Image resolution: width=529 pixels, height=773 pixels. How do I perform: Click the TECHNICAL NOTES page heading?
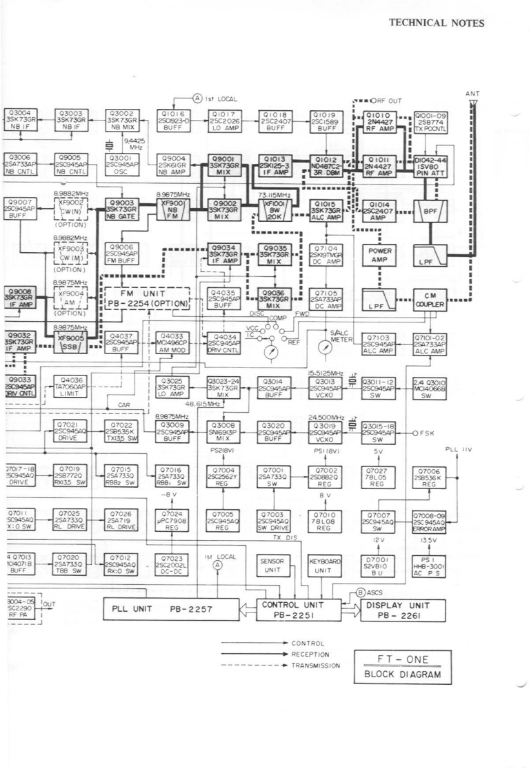437,23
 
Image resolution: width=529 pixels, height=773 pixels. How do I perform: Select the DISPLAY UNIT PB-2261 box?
397,609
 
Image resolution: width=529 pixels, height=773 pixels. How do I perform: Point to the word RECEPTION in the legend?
310,655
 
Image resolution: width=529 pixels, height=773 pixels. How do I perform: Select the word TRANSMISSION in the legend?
315,666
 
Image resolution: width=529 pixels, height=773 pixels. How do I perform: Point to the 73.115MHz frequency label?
272,195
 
